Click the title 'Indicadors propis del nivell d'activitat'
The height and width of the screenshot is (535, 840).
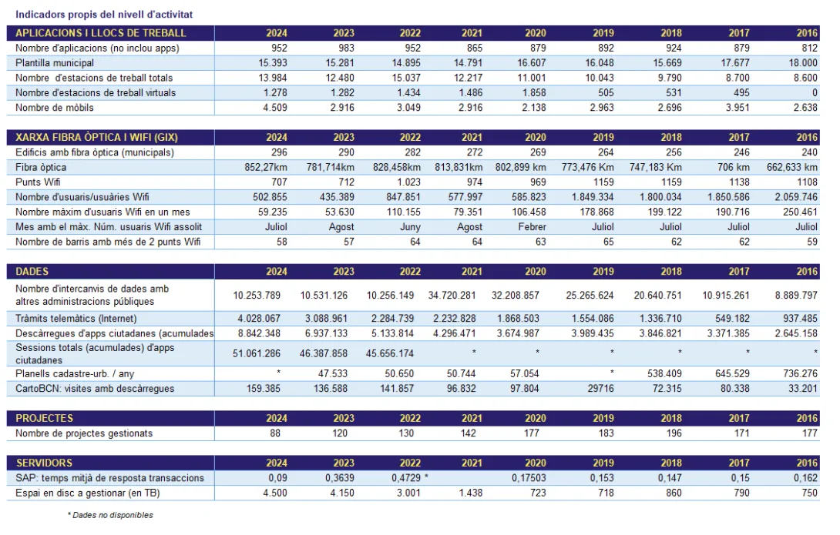click(x=104, y=14)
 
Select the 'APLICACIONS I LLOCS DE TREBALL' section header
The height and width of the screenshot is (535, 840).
click(x=101, y=33)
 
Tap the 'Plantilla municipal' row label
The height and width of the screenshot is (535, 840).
click(x=55, y=63)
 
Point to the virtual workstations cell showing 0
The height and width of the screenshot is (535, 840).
click(x=814, y=93)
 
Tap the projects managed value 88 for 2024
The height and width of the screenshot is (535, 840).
click(x=281, y=433)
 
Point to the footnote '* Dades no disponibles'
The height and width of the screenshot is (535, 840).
click(x=110, y=515)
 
